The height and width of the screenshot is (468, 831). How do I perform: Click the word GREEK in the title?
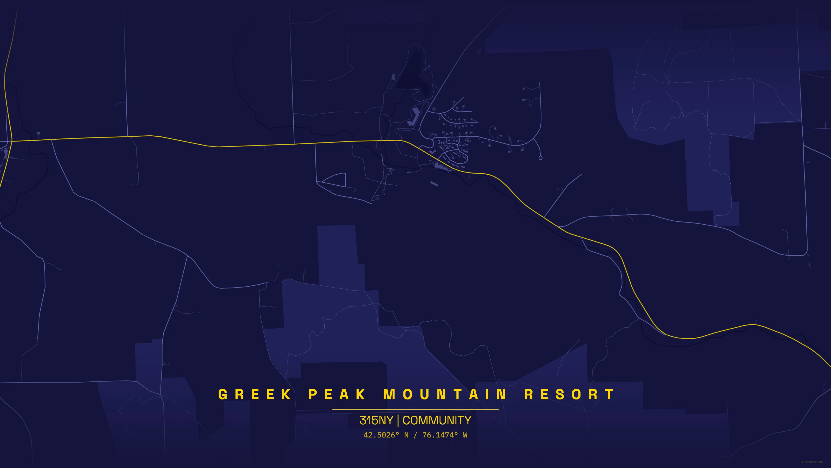click(255, 394)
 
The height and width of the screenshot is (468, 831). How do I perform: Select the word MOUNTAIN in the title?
click(445, 394)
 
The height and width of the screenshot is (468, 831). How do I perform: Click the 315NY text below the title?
click(376, 420)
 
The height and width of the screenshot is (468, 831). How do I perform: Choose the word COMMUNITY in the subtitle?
click(437, 420)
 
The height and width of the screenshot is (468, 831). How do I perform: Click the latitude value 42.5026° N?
click(386, 435)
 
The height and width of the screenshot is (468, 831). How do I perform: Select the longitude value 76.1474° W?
click(444, 435)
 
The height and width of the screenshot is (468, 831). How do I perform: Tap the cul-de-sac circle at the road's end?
click(540, 158)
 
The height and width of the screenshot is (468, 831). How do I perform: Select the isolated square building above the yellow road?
click(39, 133)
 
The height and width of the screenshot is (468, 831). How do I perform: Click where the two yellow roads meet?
click(12, 141)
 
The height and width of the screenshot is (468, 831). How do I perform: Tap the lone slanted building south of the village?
click(434, 184)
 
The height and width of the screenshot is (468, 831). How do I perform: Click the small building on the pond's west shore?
click(393, 77)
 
